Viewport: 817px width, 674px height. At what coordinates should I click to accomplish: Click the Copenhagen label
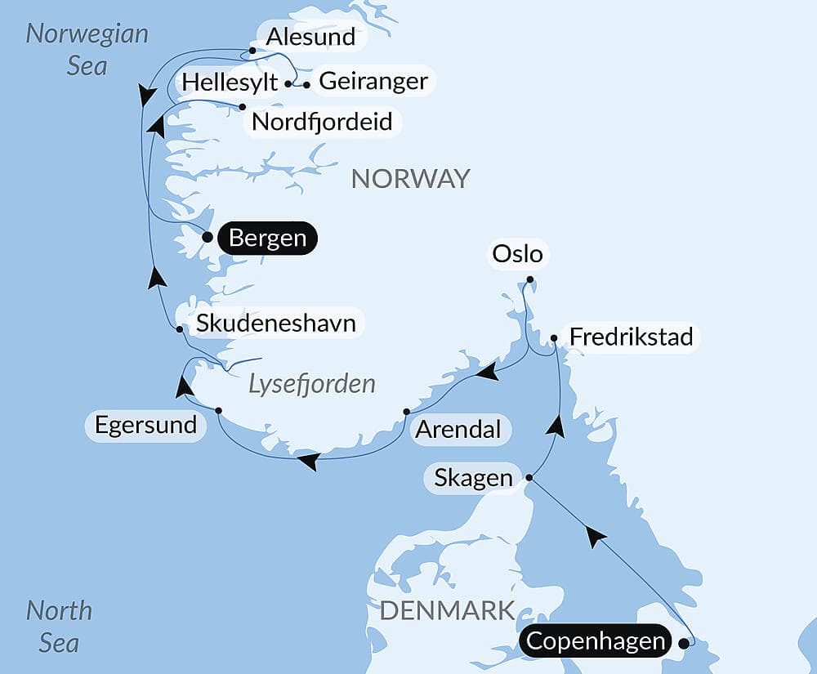595,641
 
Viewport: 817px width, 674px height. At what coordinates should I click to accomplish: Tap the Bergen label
267,239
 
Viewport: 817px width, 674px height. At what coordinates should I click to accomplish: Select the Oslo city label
518,254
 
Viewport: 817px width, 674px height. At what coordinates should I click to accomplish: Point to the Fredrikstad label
631,337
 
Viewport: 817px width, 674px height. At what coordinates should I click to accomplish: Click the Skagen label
474,478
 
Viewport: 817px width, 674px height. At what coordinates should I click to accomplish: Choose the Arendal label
458,429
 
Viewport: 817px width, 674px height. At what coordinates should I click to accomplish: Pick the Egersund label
145,425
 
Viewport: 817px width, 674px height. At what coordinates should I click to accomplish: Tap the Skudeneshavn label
275,324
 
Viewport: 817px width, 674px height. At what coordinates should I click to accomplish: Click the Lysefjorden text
312,383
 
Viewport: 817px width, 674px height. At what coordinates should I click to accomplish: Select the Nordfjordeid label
322,122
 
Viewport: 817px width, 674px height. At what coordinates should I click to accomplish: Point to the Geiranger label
373,81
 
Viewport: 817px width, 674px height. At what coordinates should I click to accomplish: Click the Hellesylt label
230,83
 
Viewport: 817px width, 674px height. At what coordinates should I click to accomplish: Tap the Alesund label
310,37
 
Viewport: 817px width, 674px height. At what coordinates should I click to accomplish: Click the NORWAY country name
410,178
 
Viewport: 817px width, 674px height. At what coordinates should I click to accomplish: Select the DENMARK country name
447,609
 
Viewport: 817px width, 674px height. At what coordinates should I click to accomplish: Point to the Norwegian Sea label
87,49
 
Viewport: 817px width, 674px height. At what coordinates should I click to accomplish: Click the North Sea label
59,626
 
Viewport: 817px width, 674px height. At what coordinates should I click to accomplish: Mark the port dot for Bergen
208,238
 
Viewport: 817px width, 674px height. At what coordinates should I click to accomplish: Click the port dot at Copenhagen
683,642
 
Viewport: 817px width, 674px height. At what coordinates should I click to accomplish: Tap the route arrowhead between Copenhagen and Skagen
596,537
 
